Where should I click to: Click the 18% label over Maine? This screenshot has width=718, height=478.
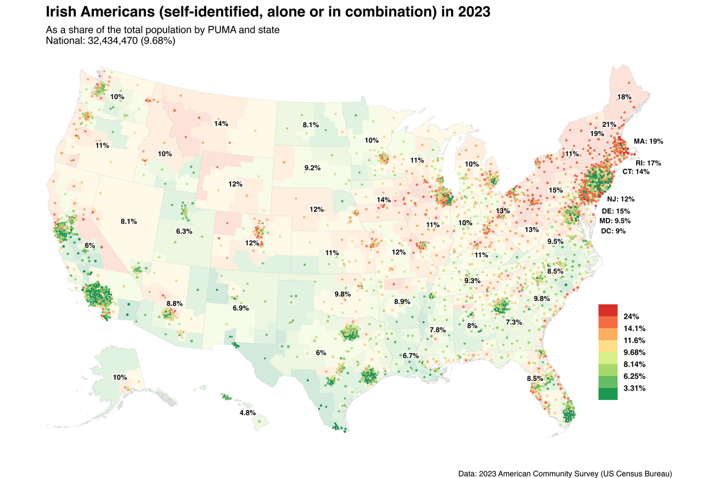pos(624,97)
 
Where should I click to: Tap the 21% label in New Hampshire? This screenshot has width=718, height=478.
pos(609,124)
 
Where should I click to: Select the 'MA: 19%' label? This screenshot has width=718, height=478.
pos(648,141)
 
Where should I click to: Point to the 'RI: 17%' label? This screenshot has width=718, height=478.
pos(648,163)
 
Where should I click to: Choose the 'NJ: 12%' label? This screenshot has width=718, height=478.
pos(620,199)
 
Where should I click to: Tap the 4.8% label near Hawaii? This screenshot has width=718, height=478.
pos(247,412)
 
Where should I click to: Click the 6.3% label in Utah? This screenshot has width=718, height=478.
pos(184,231)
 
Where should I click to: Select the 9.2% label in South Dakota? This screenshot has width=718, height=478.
pos(312,168)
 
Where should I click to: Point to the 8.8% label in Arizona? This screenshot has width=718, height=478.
pos(174,303)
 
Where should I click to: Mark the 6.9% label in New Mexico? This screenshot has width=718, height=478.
pos(241,308)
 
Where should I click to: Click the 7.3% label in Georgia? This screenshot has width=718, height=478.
pos(514,322)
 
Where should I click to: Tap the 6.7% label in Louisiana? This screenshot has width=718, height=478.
pos(411,356)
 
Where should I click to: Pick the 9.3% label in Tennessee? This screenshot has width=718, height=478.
pos(472,280)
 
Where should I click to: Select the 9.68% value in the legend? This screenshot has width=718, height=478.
pos(634,352)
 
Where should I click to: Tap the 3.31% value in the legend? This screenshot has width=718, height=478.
pos(634,388)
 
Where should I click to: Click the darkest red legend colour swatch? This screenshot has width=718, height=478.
pos(607,310)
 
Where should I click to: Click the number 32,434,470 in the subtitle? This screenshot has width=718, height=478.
pos(114,41)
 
